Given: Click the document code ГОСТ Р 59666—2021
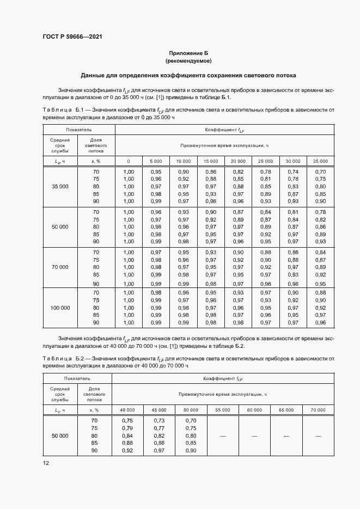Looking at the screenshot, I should [x=72, y=36].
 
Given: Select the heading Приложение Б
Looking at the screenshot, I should [x=188, y=53].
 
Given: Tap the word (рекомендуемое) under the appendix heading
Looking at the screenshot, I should [x=188, y=62].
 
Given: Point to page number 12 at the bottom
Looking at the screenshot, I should [x=46, y=463].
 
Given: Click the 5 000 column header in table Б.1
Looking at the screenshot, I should [x=156, y=161].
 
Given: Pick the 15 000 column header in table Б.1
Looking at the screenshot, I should [x=211, y=161].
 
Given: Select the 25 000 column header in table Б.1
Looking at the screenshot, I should [x=266, y=161].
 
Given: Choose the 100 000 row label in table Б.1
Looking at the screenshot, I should [x=60, y=308].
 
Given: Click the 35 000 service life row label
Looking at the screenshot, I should [x=60, y=187].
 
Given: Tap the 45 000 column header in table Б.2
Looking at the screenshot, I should [x=158, y=409].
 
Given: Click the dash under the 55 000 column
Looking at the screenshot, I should [x=222, y=436].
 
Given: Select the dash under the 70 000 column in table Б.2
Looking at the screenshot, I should [x=318, y=436].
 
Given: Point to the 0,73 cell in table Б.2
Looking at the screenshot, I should [x=158, y=421].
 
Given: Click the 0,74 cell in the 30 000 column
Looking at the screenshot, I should [x=293, y=171].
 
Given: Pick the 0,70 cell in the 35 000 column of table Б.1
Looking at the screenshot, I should [x=320, y=171].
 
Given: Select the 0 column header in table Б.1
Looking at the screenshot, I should [x=129, y=161].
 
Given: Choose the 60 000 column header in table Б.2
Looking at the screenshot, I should [x=254, y=409].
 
